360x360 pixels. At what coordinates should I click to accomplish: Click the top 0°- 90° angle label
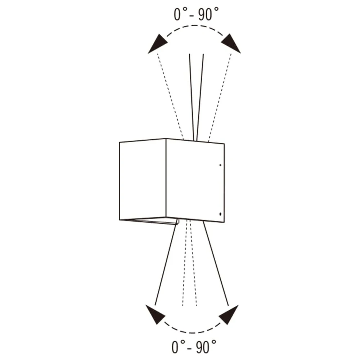[196, 14]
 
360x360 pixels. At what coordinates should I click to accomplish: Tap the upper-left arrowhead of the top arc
[158, 44]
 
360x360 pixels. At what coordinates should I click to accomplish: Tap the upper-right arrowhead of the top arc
[231, 44]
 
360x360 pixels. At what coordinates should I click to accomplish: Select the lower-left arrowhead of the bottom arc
[156, 315]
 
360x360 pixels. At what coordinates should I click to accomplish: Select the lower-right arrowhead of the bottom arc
[229, 315]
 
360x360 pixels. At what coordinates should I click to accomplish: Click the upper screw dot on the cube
[220, 165]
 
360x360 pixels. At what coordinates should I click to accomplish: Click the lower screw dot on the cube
[220, 214]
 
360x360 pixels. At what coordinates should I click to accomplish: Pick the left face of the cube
[143, 179]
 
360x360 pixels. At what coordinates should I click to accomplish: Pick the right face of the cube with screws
[195, 180]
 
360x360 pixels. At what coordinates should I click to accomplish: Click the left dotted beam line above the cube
[170, 96]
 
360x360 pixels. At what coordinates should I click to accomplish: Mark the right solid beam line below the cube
[216, 264]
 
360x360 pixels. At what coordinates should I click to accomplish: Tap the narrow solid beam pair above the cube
[196, 97]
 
